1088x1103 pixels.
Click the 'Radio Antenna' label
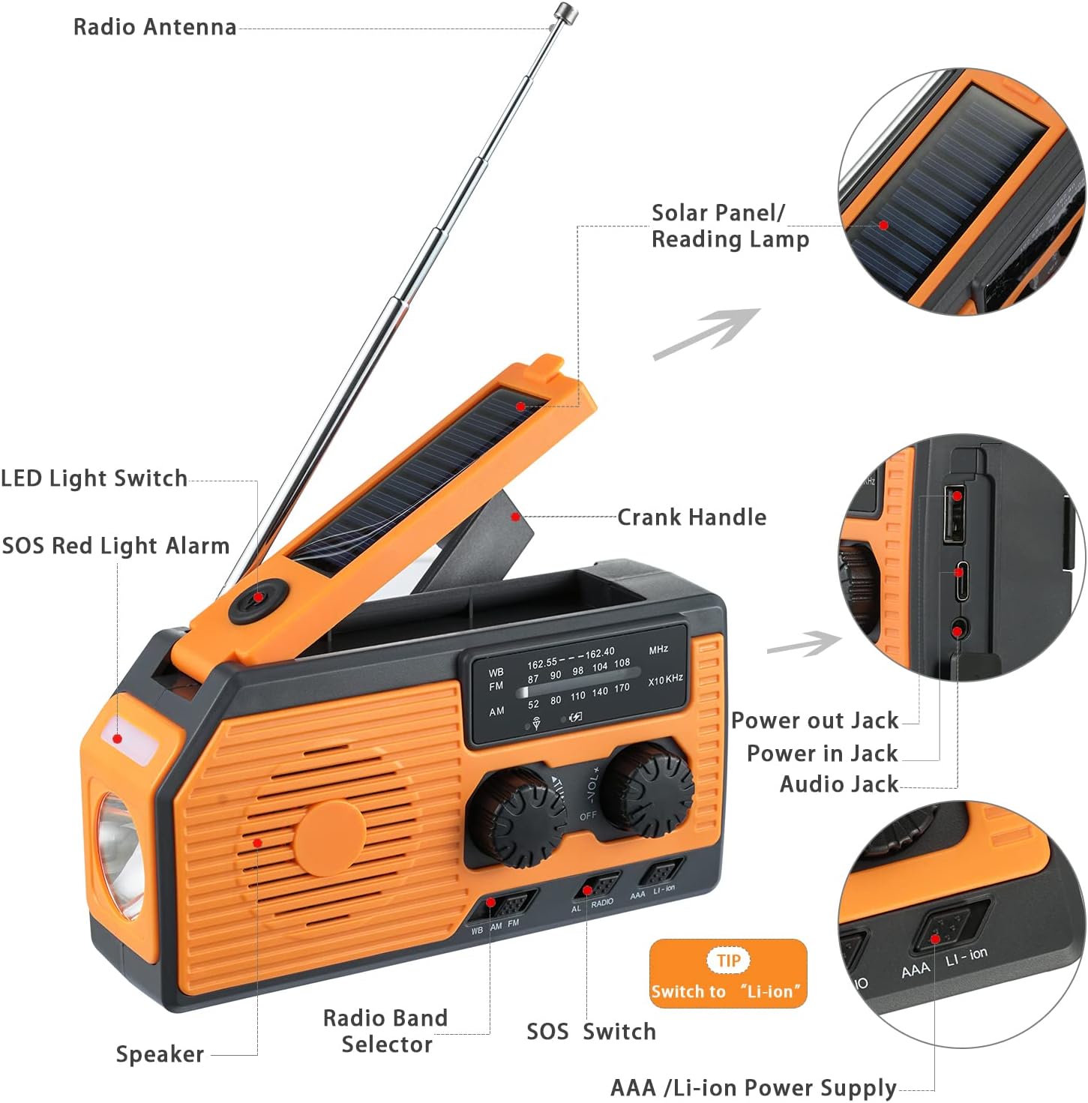point(154,27)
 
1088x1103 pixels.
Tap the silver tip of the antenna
point(565,12)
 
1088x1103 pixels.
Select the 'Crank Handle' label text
point(691,517)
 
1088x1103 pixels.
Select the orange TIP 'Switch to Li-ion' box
point(727,973)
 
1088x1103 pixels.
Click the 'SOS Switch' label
point(591,1032)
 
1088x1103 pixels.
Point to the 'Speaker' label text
point(160,1054)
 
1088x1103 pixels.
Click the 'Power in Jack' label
point(822,754)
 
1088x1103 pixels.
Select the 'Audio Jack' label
point(838,784)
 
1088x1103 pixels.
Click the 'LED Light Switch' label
point(94,478)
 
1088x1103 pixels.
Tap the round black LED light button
point(257,598)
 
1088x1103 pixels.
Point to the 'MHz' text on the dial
point(658,649)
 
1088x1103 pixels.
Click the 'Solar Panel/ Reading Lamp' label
point(730,226)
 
